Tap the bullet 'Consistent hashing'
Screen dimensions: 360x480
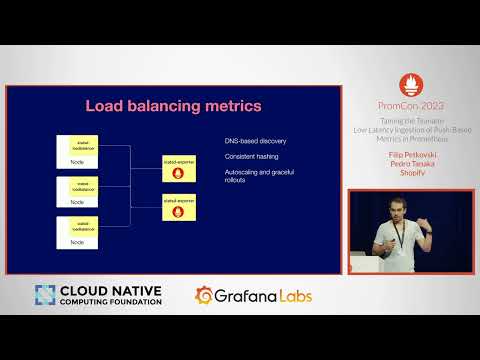(251, 156)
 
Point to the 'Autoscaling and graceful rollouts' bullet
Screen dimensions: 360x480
(258, 176)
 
